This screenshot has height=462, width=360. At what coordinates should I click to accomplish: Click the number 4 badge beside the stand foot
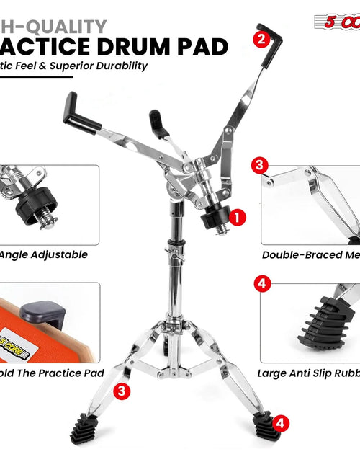pos(282,424)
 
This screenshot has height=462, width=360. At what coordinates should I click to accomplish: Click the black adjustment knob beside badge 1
pos(214,219)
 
